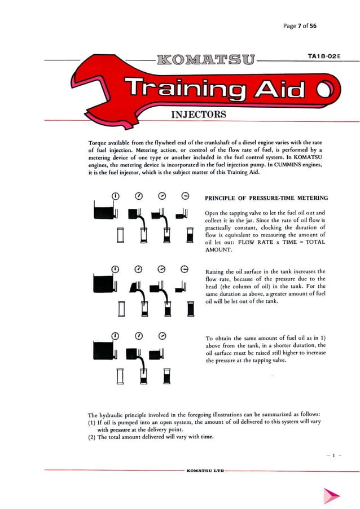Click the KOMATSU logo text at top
pos(207,59)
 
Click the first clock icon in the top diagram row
pos(116,196)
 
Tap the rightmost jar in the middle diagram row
pos(190,310)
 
